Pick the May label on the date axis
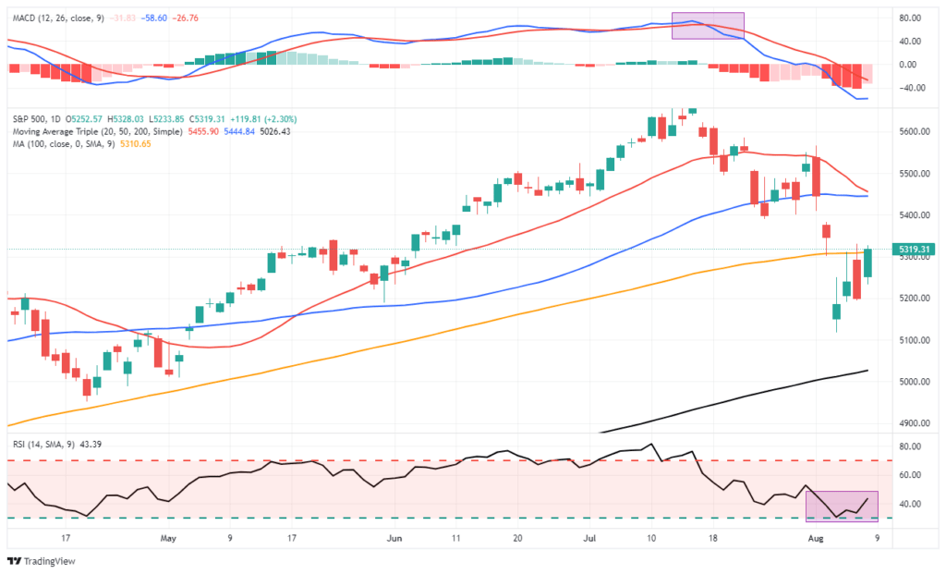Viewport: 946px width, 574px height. point(167,536)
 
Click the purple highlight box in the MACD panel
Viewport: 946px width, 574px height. point(708,26)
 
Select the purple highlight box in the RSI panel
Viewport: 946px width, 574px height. point(842,505)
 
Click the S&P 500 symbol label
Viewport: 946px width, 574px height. point(29,119)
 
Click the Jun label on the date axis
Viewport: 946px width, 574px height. point(395,536)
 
